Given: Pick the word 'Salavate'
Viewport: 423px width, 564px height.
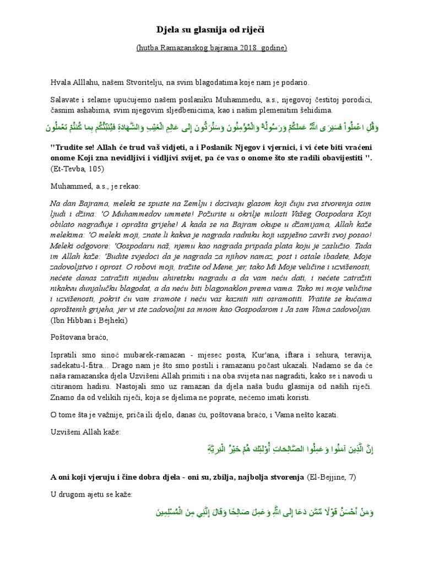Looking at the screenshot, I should click(x=64, y=101).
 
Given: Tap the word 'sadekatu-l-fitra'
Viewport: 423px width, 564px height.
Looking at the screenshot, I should click(x=74, y=365).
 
